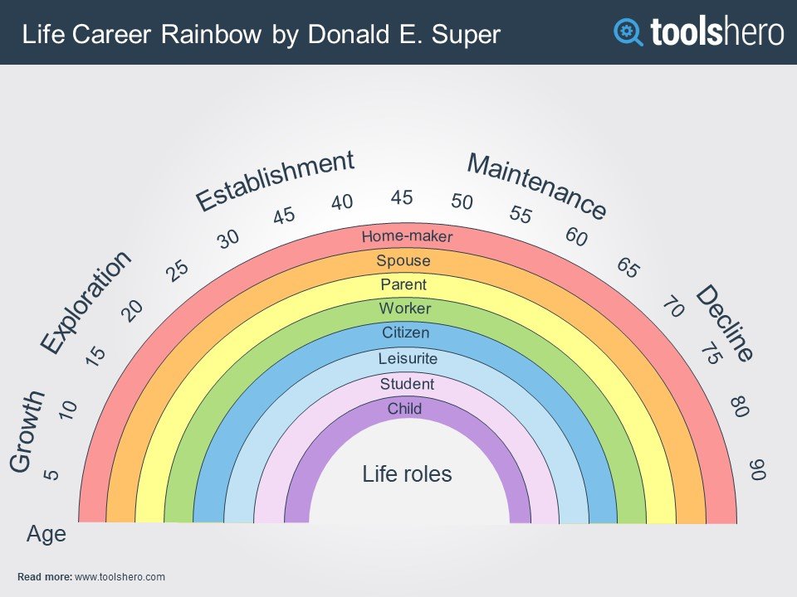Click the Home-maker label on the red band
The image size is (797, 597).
(407, 236)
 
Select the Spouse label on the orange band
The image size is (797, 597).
(403, 261)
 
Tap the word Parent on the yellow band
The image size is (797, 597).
(403, 284)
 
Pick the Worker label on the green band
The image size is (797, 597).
(405, 308)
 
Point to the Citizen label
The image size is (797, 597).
(406, 332)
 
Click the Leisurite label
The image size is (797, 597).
(408, 358)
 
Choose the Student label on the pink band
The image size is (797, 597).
(407, 384)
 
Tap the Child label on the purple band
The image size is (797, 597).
(404, 408)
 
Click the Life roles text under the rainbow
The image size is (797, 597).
(407, 474)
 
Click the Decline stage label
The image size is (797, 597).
(724, 323)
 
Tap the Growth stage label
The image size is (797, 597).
(27, 431)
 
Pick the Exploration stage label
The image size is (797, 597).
(86, 303)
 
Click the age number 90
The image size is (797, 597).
(757, 469)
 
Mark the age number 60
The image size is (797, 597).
(576, 236)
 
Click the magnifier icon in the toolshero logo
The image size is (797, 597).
(628, 32)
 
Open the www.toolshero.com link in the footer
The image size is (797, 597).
(120, 577)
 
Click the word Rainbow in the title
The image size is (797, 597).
(212, 35)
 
